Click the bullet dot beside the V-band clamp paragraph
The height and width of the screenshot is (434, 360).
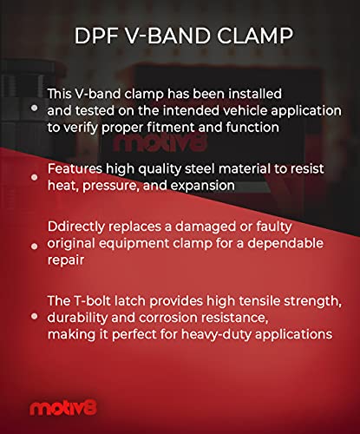[34, 108]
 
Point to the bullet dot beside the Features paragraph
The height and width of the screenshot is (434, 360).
[34, 177]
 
